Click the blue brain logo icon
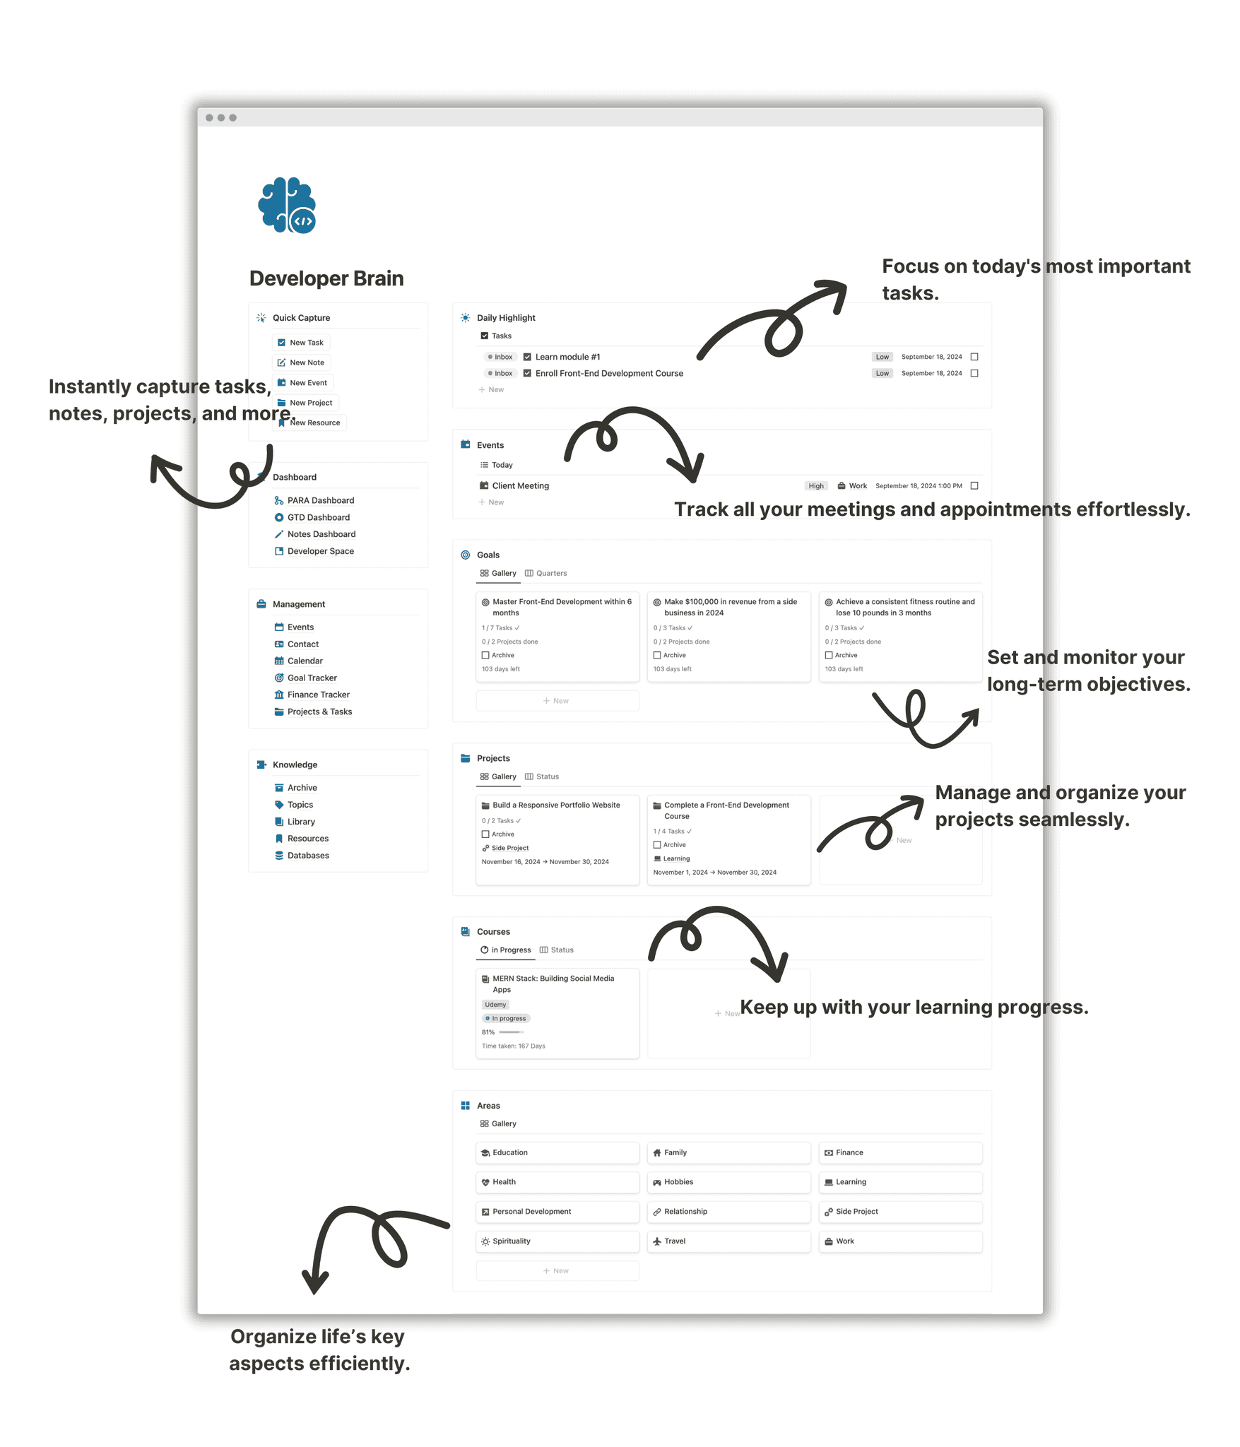[287, 205]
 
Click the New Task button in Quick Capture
[300, 343]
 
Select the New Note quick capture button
[301, 362]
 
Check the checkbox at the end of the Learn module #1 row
[974, 357]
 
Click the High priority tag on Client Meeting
[816, 486]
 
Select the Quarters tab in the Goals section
[545, 573]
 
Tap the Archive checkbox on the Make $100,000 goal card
[657, 656]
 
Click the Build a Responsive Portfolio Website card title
[556, 805]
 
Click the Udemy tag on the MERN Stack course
[495, 1005]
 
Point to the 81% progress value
[488, 1032]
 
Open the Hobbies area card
[728, 1182]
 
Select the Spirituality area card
[557, 1241]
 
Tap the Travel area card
[728, 1241]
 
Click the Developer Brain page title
[326, 278]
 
